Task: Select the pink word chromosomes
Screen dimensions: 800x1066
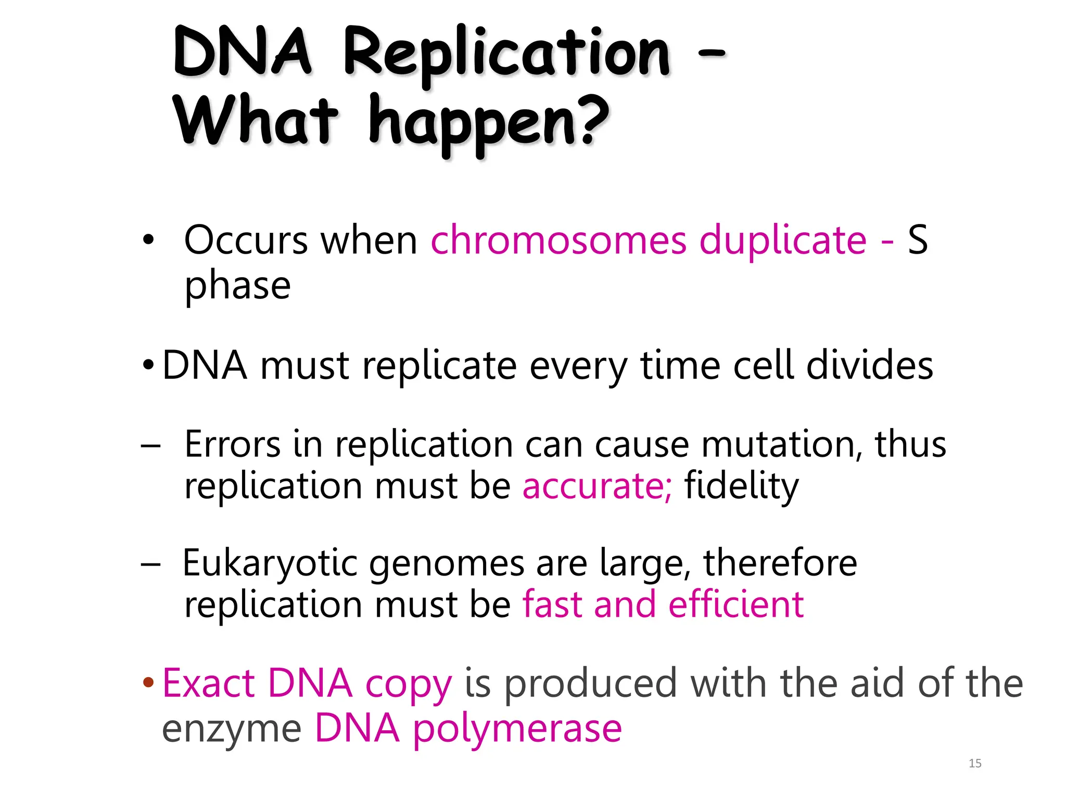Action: click(559, 240)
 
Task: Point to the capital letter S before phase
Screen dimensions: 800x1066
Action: click(918, 240)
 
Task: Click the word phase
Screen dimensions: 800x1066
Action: click(237, 286)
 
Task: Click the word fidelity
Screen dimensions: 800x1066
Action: click(741, 486)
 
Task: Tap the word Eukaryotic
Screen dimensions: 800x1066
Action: click(270, 563)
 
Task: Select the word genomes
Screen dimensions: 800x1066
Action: click(447, 564)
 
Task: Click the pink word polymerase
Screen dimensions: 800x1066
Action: click(517, 728)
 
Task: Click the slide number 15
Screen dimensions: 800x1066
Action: click(975, 764)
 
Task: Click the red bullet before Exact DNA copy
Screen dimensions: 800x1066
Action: click(148, 682)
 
